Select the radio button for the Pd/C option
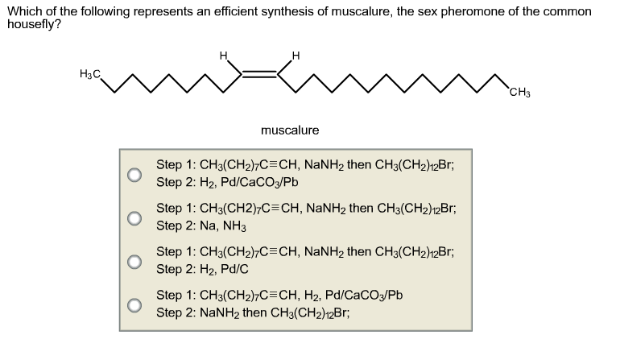[134, 262]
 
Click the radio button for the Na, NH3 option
[134, 218]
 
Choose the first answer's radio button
[134, 175]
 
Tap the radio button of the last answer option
[134, 305]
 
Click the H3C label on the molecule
[90, 74]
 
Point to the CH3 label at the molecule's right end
[520, 93]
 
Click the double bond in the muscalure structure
[259, 73]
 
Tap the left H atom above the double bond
[224, 56]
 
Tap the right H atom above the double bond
[296, 56]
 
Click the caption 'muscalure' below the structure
[290, 130]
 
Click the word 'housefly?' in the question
[34, 25]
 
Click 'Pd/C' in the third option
[234, 269]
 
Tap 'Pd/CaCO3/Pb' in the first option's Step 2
[259, 182]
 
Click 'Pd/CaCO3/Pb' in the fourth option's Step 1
[364, 295]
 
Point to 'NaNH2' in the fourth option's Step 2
[220, 313]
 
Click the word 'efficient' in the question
[236, 11]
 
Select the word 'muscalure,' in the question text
[362, 11]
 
